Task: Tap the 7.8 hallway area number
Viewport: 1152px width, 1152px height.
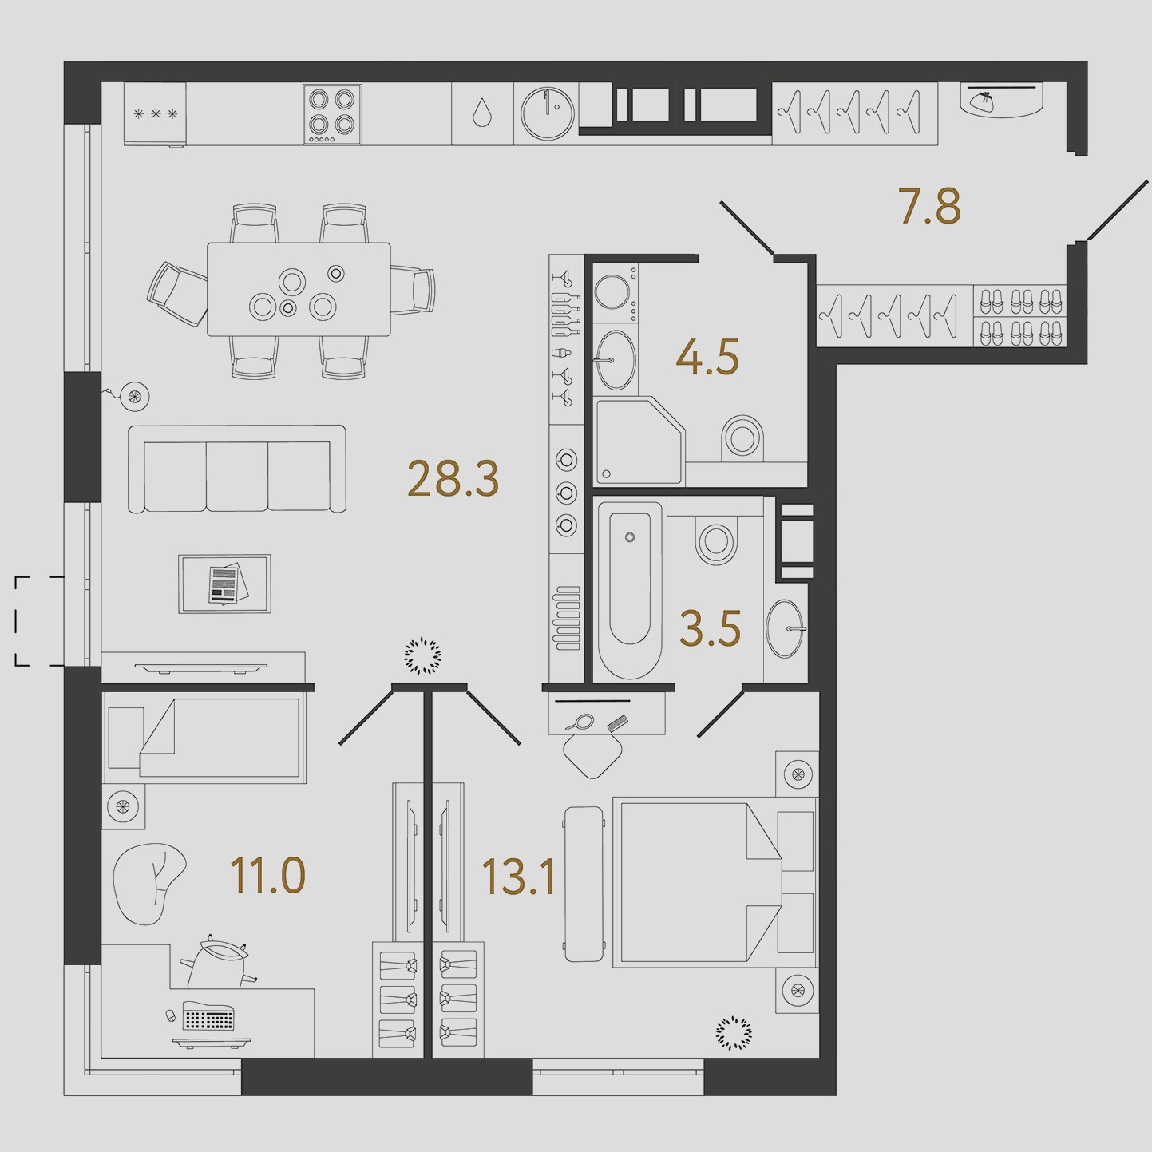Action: point(930,206)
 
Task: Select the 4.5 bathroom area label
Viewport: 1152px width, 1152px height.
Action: point(707,357)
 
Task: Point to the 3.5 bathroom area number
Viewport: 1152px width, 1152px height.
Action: point(711,628)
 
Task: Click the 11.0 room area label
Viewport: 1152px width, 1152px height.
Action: point(267,875)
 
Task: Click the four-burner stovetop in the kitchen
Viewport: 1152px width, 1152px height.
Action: point(332,114)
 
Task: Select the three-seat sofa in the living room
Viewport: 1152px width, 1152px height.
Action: point(237,469)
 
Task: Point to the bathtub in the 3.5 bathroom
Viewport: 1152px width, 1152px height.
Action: point(630,590)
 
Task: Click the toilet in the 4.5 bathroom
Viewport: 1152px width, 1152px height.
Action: point(742,438)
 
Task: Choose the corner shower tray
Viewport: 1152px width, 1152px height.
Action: point(640,441)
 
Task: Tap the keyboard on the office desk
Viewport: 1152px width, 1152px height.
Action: point(208,1016)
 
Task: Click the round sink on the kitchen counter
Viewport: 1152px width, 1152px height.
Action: point(547,113)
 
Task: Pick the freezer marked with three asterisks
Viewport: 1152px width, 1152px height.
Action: point(155,114)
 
